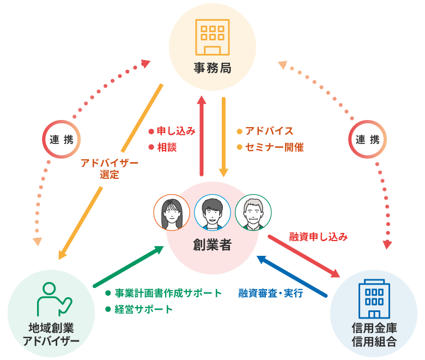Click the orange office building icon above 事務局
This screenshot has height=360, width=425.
point(212,38)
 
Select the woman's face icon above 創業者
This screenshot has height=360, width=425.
point(172,212)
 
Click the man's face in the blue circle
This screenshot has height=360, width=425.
point(212,212)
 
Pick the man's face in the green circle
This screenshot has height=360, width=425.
point(253,212)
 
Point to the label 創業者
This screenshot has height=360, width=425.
point(212,245)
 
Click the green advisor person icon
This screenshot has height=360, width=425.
point(52,299)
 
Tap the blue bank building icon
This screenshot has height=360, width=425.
point(374,299)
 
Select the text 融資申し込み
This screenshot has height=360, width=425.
point(318,237)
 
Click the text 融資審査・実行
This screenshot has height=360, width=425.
point(270,293)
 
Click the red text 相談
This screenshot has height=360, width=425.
point(167,147)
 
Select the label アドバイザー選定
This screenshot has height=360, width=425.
point(109,169)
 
